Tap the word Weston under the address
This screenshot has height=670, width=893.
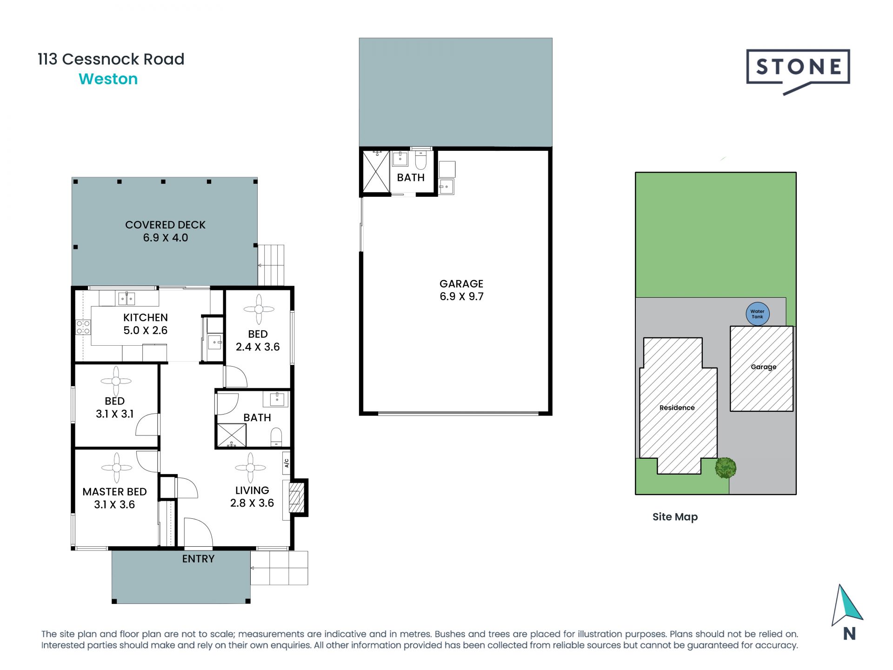pyautogui.click(x=108, y=79)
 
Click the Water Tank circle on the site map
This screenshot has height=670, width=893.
pyautogui.click(x=757, y=314)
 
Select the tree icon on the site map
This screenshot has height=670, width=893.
pyautogui.click(x=725, y=468)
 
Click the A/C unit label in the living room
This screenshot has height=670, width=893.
pyautogui.click(x=287, y=463)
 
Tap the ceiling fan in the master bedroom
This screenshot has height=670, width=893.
pyautogui.click(x=116, y=468)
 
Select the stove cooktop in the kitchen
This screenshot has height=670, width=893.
pyautogui.click(x=83, y=327)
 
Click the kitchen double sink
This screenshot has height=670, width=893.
pyautogui.click(x=126, y=298)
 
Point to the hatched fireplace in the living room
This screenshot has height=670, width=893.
pyautogui.click(x=295, y=497)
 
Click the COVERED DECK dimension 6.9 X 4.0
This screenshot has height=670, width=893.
pyautogui.click(x=165, y=238)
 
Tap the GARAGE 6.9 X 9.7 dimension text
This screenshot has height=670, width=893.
pyautogui.click(x=461, y=296)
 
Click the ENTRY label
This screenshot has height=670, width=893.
pyautogui.click(x=198, y=559)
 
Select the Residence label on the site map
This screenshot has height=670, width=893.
pyautogui.click(x=677, y=408)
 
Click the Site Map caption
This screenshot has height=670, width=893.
pyautogui.click(x=675, y=517)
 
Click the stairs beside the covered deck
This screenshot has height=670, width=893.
pyautogui.click(x=271, y=265)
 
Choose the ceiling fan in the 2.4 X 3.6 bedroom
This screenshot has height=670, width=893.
pyautogui.click(x=259, y=309)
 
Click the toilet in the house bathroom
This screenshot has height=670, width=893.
pyautogui.click(x=276, y=436)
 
